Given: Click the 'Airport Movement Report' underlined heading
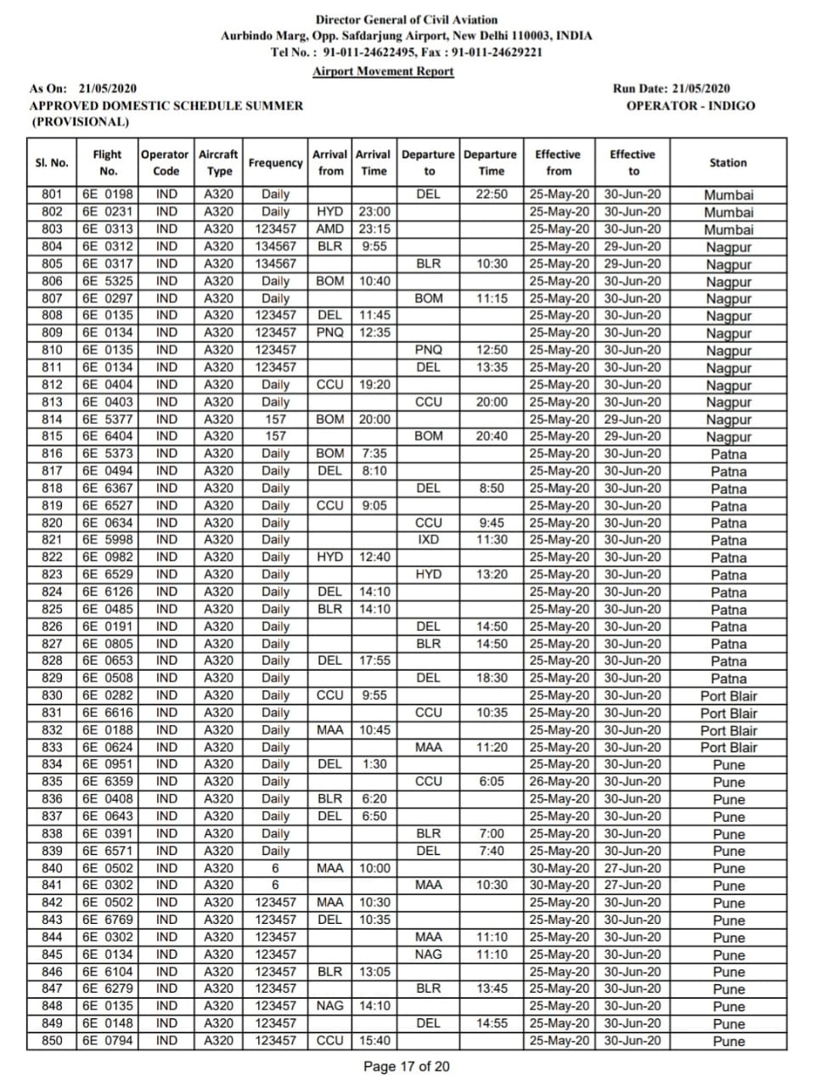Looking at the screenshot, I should (383, 71).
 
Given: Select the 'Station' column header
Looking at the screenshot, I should (728, 162).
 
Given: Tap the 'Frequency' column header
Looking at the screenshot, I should (275, 162).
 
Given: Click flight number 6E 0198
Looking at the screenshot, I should (107, 194).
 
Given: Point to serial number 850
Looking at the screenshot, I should (52, 1040).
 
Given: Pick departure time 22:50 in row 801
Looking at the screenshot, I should (492, 194).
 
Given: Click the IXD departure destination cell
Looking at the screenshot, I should (429, 539).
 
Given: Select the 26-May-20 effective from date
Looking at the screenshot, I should (559, 781).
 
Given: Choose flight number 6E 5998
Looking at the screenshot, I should (107, 539).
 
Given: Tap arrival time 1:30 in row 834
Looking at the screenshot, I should (374, 764).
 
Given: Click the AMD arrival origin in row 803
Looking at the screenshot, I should (330, 228).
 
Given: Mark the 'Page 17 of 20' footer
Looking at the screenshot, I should (407, 1067).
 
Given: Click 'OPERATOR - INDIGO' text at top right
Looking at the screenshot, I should (690, 106).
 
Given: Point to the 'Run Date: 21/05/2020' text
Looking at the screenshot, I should (671, 88).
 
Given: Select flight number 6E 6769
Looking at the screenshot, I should (107, 920).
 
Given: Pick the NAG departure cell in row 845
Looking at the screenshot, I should (429, 955).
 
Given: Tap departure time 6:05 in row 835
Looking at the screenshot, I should (492, 781).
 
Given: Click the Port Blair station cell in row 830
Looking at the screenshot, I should (728, 696).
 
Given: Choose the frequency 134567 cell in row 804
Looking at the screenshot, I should (275, 246).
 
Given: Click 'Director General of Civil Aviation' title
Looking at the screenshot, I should (407, 19).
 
